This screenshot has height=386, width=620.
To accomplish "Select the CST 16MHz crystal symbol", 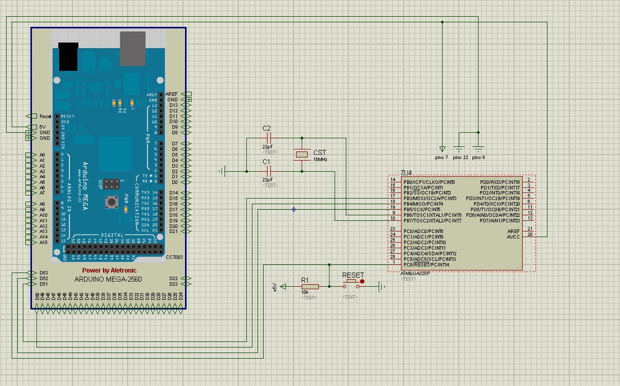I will click(x=302, y=155).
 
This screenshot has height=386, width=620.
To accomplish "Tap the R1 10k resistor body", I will click(x=309, y=287).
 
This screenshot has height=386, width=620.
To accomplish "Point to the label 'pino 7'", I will click(x=442, y=158).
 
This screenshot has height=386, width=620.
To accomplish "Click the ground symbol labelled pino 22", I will click(x=459, y=149).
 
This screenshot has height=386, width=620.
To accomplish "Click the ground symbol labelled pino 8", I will click(x=478, y=149).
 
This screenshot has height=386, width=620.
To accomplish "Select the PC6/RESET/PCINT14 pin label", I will click(x=426, y=264).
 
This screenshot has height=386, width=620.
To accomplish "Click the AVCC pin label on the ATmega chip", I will click(x=513, y=237).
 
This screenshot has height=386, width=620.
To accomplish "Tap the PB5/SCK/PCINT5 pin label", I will click(x=422, y=209).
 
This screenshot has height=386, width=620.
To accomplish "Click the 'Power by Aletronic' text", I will click(x=109, y=271).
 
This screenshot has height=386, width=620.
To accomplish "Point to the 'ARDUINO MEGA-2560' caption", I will click(x=108, y=279).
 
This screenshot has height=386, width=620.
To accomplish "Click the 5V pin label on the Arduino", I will click(x=43, y=127).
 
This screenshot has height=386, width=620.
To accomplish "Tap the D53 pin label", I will click(x=44, y=273).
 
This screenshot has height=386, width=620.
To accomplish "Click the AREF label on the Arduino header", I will click(x=171, y=94).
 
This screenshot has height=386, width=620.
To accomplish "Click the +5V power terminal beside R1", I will click(x=282, y=287).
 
